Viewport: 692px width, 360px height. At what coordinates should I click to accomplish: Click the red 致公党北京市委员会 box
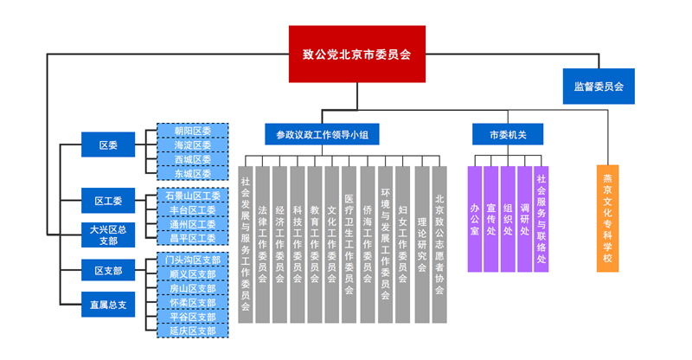(356, 54)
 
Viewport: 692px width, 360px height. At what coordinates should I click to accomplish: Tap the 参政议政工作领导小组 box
(322, 134)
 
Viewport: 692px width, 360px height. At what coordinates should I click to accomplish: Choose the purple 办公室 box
(475, 219)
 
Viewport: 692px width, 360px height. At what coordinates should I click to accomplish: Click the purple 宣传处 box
(491, 219)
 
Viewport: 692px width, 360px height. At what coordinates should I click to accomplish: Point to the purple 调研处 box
(524, 219)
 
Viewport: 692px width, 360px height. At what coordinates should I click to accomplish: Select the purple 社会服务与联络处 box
(541, 219)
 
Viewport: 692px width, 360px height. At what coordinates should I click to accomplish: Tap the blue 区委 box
(108, 145)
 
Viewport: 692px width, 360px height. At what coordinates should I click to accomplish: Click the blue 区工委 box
(108, 201)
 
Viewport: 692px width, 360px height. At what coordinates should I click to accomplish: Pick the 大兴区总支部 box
(108, 235)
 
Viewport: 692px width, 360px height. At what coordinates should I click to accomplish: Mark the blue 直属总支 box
(108, 305)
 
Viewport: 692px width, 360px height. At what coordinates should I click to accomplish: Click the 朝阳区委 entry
(192, 131)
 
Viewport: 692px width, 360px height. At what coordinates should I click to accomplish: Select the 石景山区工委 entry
(192, 196)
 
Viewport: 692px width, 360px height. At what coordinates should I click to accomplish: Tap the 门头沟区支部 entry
(192, 260)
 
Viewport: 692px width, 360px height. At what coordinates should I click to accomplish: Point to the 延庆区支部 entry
(192, 331)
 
